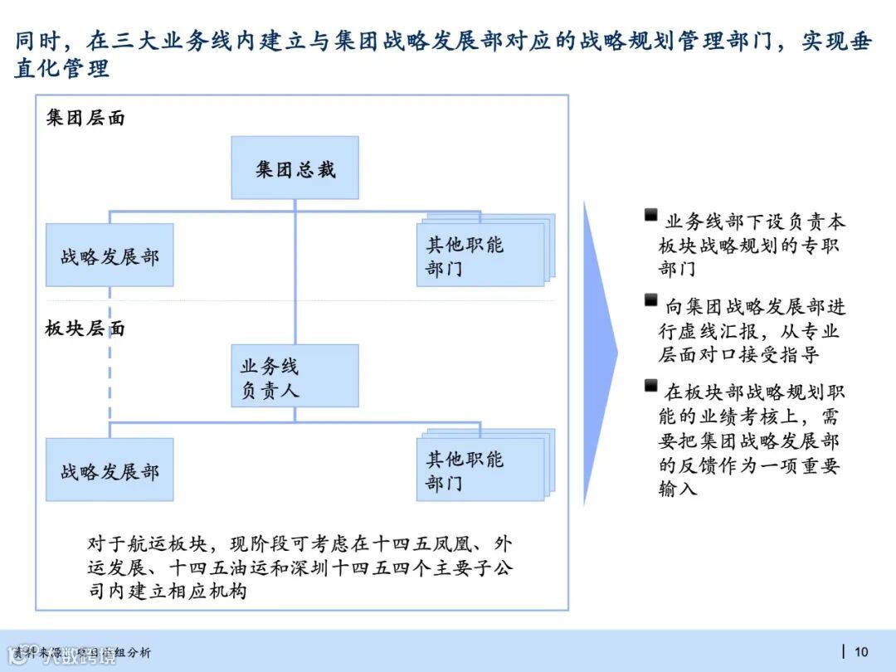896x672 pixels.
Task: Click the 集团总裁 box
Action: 295,168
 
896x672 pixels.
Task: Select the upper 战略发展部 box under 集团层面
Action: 110,256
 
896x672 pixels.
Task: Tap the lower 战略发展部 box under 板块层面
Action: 110,470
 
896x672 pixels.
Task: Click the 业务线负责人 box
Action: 295,376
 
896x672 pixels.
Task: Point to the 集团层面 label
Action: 85,118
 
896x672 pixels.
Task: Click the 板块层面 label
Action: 85,329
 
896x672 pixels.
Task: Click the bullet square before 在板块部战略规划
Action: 651,386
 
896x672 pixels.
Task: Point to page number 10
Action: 861,651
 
